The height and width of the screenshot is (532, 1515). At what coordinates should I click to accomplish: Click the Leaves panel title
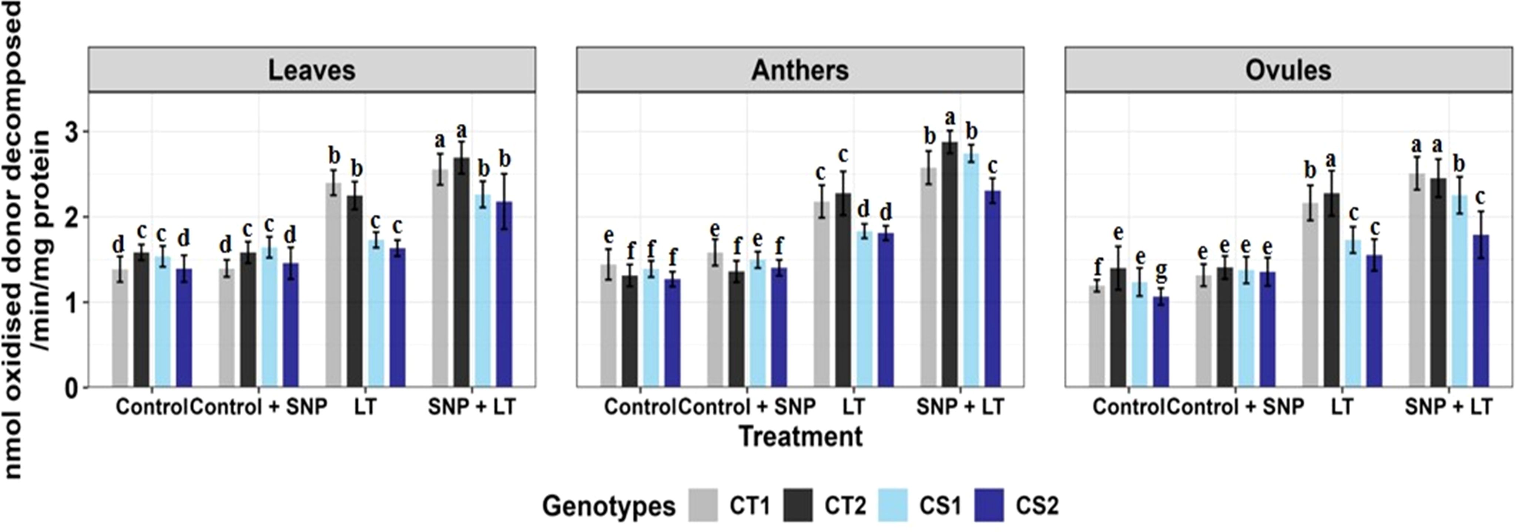point(312,70)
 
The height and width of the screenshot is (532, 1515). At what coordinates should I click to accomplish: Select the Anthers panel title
point(800,70)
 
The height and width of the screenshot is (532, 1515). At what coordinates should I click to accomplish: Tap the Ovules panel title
point(1288,70)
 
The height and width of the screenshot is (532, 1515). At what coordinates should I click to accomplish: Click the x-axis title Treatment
point(800,436)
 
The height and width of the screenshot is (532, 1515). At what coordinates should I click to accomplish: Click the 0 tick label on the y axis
point(72,388)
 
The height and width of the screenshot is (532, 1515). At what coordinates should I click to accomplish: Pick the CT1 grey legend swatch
point(703,505)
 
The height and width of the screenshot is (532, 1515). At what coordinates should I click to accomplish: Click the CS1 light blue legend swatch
point(894,505)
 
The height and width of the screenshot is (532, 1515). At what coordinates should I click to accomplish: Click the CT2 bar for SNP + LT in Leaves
point(462,273)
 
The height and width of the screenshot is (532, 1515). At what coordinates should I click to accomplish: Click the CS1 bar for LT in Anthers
point(865,309)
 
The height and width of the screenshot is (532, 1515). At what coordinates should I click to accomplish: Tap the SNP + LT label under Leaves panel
point(472,406)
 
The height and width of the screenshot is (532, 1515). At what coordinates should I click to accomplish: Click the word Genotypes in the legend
point(609,506)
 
